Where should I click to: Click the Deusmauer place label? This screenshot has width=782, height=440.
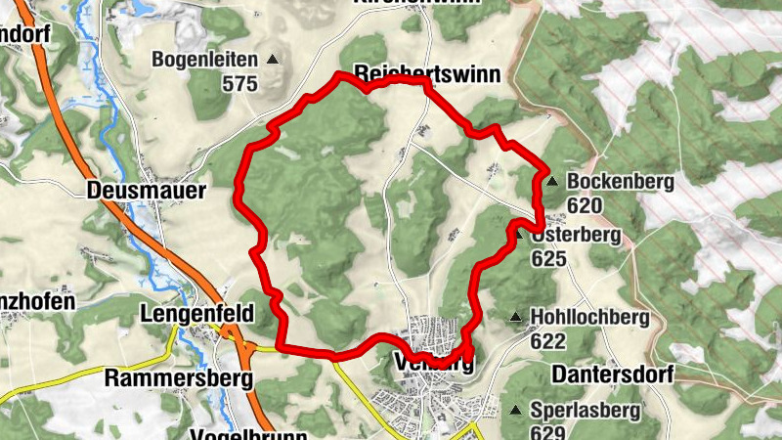click(x=146, y=191)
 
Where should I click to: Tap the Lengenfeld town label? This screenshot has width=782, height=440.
click(x=197, y=314)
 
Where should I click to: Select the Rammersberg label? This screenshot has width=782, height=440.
click(x=179, y=377)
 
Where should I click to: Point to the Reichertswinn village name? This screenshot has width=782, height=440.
click(x=427, y=73)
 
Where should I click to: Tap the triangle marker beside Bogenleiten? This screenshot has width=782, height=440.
click(x=272, y=60)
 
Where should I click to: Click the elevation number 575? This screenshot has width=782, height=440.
click(x=239, y=84)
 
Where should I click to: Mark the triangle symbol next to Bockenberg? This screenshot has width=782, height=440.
click(x=552, y=181)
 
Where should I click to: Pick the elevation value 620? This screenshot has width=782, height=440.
click(x=585, y=205)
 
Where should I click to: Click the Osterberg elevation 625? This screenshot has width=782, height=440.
click(x=549, y=259)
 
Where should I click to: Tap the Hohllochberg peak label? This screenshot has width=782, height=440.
click(x=589, y=317)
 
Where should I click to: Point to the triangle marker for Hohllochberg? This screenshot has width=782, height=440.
click(x=515, y=317)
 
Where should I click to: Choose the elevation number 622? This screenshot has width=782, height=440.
click(x=549, y=341)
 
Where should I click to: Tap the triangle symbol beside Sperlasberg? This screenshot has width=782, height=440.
click(x=515, y=409)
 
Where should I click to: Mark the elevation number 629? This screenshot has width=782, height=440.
click(x=549, y=432)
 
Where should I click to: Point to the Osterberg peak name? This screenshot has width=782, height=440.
click(x=579, y=236)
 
